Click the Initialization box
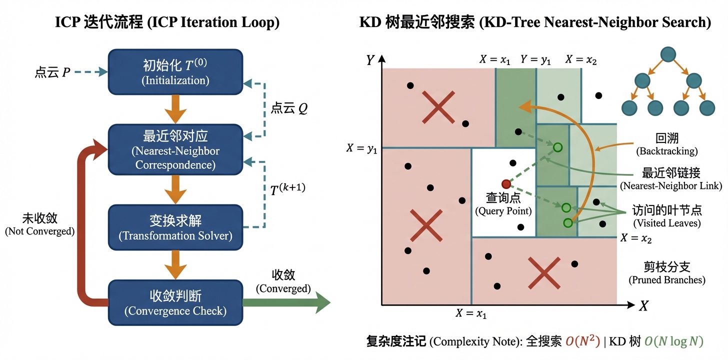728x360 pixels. point(175,72)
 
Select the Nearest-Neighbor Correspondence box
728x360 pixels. point(175,150)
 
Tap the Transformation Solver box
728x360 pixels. point(175,227)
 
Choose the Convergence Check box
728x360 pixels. point(175,302)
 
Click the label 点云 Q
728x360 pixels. point(289,108)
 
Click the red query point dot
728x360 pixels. point(506,184)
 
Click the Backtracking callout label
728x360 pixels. point(666,144)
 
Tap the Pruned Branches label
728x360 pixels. point(666,272)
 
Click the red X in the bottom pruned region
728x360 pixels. point(543,273)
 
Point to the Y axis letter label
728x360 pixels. point(370,60)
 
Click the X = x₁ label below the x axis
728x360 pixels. point(471,314)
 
